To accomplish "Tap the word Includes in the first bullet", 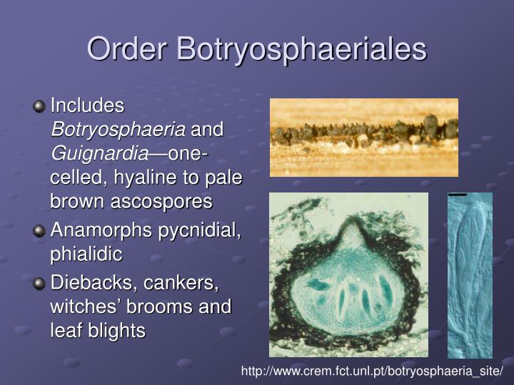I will (x=87, y=106).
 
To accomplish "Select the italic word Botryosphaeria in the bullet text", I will (x=118, y=130).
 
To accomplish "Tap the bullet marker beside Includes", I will (x=39, y=106).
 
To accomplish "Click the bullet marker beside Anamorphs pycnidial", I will (x=39, y=230).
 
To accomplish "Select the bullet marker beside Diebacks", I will (x=39, y=284).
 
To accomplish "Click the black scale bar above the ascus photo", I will (x=458, y=195).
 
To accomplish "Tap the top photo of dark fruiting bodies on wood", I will (x=363, y=137).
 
